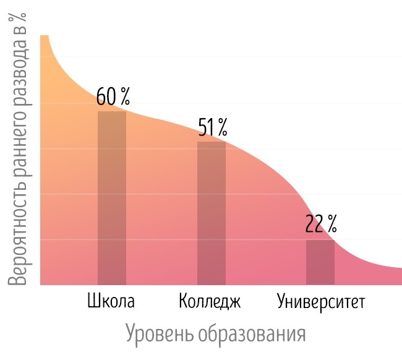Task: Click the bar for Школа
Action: coord(112,198)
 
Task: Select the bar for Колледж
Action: coord(211,213)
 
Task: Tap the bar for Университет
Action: coord(320,262)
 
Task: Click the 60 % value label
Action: coord(113,96)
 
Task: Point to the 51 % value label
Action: coord(213,127)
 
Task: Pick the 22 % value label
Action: coord(321,223)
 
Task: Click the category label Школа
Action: coord(111,302)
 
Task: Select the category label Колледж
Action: coord(210,302)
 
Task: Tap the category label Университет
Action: coord(321,302)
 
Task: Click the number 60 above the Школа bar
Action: coord(106,96)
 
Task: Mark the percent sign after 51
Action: coord(221,127)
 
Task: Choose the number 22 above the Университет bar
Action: coord(314,223)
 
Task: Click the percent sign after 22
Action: coord(331,223)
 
